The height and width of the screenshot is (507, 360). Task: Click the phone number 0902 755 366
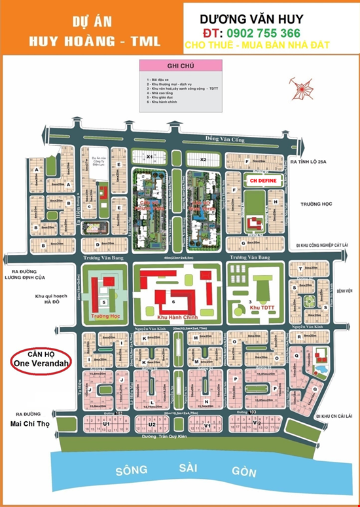[x=261, y=33]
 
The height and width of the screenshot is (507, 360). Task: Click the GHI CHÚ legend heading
[x=180, y=67]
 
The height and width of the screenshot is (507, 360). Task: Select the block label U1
[x=106, y=424]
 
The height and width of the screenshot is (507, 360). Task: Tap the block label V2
[x=258, y=424]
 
